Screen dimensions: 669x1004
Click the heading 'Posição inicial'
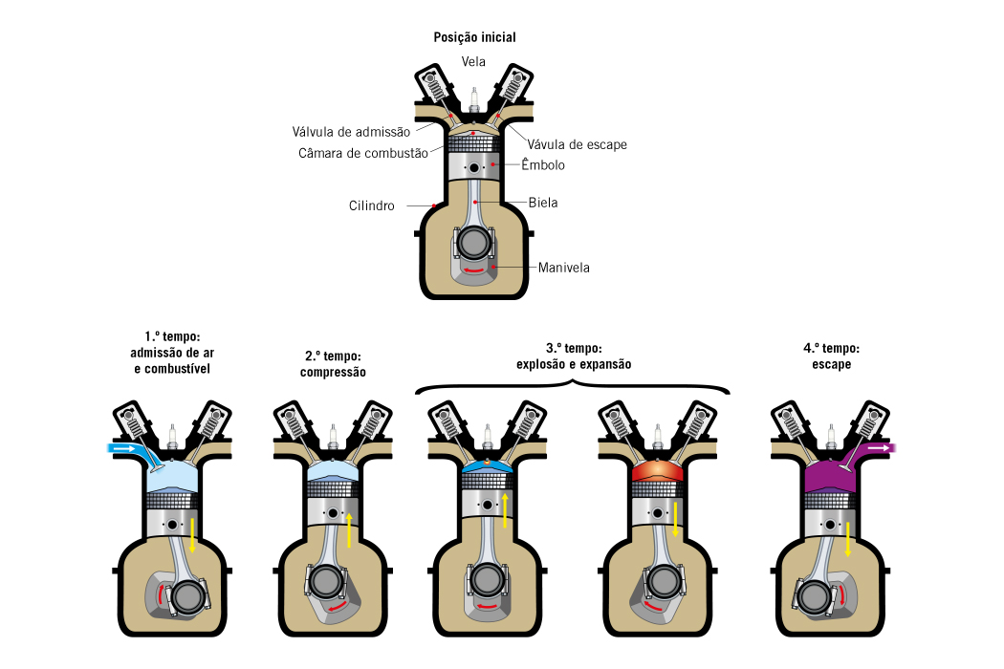(474, 37)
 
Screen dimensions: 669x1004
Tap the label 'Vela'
(474, 62)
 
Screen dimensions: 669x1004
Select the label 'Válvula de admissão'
(351, 132)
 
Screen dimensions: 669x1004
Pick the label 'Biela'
(543, 203)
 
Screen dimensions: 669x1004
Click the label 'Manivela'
(563, 268)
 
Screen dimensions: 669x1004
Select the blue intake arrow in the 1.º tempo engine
(122, 447)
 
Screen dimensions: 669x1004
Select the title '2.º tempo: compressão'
(333, 364)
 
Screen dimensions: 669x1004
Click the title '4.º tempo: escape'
(831, 356)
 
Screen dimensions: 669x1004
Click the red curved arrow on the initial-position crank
(472, 272)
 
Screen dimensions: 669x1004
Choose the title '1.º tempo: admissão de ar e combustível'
(172, 353)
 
